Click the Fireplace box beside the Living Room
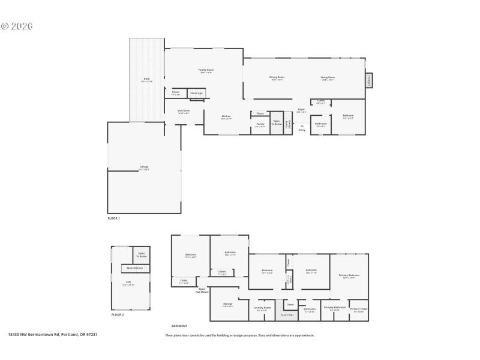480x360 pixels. point(369,80)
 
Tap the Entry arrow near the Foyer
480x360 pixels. point(302,127)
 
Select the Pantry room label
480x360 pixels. point(260,124)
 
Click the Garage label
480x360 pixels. point(144,167)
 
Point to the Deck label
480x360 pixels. point(146,79)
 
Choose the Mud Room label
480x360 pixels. point(184,111)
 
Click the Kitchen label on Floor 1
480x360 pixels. point(226,117)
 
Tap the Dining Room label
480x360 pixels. point(277,77)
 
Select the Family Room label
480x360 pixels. point(206,70)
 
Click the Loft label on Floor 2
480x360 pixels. point(127,283)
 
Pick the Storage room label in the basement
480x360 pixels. point(227,304)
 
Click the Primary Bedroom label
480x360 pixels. point(349,275)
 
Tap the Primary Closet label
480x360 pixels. point(359,309)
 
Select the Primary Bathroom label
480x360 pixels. point(335,308)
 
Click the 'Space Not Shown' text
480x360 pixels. point(203,290)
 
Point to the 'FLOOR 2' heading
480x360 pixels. point(118,314)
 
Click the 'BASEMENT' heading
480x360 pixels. point(179,326)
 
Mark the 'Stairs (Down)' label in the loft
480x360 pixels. point(134,268)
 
